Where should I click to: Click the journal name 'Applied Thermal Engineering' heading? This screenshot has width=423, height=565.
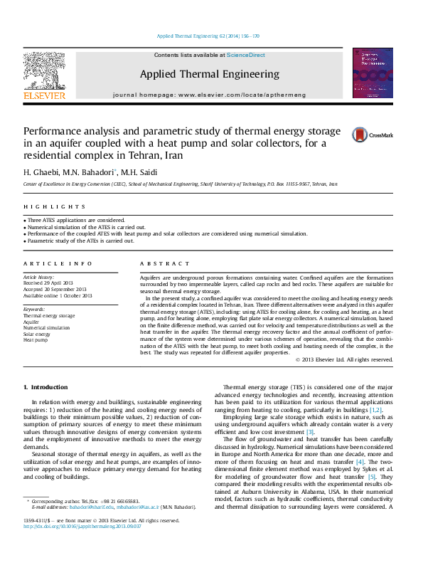tap(209, 74)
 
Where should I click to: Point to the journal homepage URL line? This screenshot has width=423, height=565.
tap(209, 95)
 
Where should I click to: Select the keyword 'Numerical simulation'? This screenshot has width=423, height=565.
tap(47, 327)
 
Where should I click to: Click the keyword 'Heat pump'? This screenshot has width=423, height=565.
tap(36, 340)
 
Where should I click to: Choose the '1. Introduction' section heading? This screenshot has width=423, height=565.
tap(46, 387)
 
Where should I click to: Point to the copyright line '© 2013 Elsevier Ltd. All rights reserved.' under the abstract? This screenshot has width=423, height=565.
tap(343, 359)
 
